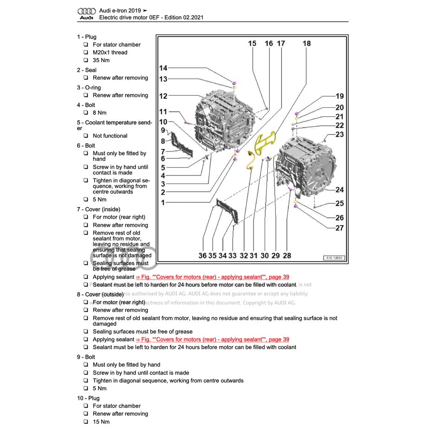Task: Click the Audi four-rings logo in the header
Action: [86, 11]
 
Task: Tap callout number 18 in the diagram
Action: [306, 44]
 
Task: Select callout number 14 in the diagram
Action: [163, 68]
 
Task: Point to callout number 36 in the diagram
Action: [202, 255]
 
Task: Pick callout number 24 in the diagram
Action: [339, 189]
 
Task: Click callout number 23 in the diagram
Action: [339, 134]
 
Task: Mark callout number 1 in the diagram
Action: [163, 202]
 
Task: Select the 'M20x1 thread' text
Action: [110, 52]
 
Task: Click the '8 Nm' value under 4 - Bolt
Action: [99, 113]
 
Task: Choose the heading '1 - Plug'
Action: [87, 37]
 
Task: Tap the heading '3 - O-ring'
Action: [89, 87]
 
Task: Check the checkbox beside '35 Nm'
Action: [86, 60]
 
